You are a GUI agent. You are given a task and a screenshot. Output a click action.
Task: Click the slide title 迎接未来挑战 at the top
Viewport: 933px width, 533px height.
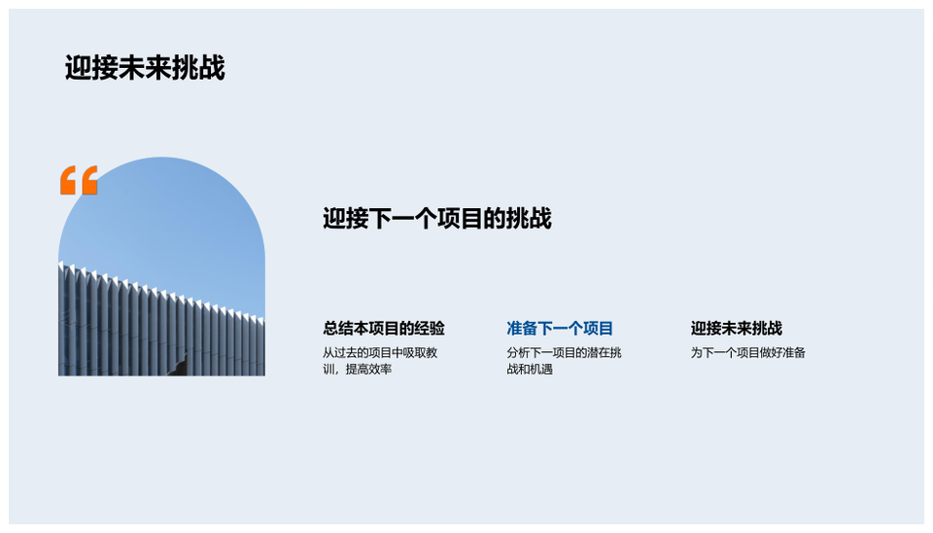click(x=145, y=68)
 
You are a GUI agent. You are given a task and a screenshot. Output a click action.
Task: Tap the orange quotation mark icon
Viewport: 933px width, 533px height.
click(x=79, y=180)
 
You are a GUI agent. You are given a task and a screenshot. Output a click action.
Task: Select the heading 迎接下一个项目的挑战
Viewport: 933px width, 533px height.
click(x=436, y=219)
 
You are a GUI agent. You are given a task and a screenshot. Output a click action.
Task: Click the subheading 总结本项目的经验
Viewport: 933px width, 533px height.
click(x=384, y=328)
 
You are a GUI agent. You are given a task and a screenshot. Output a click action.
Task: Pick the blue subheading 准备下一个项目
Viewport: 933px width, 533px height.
click(x=560, y=328)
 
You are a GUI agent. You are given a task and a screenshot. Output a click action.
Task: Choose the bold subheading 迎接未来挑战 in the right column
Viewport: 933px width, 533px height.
click(x=736, y=328)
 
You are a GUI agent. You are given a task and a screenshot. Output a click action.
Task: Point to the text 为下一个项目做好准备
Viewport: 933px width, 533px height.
click(x=748, y=352)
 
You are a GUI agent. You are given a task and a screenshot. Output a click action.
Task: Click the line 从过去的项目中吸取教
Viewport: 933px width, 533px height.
click(x=380, y=352)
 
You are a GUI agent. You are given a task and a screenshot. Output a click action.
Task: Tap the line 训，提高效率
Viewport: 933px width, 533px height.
click(x=357, y=370)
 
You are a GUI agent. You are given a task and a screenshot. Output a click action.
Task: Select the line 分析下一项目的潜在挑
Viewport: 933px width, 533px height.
click(x=564, y=352)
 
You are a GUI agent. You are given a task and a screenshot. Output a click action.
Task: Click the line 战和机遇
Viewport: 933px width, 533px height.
click(x=530, y=370)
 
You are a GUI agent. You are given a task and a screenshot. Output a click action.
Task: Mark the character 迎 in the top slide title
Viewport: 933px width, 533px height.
click(x=78, y=68)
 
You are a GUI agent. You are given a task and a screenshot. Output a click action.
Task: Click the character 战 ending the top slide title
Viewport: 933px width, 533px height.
click(x=212, y=68)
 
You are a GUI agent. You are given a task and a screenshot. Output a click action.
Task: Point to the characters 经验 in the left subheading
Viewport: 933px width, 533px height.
click(x=430, y=328)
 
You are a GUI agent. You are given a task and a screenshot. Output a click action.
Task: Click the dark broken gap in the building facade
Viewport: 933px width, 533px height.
click(x=179, y=365)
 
